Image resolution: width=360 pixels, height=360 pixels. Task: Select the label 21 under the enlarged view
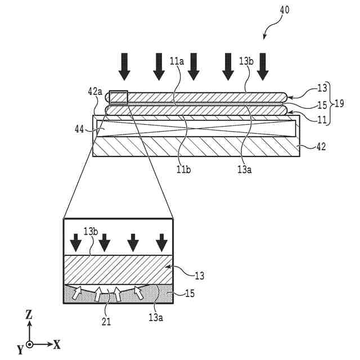(106, 322)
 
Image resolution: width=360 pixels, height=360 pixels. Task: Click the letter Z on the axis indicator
(29, 316)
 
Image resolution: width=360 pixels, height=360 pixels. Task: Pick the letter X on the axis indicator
(57, 344)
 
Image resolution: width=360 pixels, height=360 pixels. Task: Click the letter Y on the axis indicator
(20, 350)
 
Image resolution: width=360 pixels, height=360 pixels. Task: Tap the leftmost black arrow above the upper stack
(124, 66)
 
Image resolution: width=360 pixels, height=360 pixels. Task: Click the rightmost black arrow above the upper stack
(262, 66)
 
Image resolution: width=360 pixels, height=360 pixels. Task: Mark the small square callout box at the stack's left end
(119, 97)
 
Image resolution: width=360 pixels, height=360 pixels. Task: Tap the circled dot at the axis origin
(29, 344)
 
